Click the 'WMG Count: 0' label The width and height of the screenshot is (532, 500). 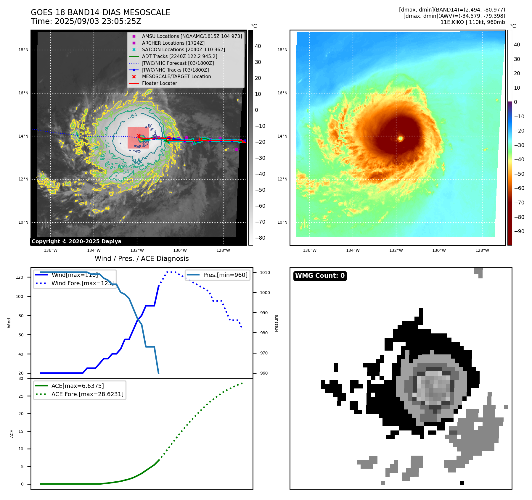point(320,276)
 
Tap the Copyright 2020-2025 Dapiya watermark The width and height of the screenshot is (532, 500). point(76,241)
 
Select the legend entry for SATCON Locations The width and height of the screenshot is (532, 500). point(183,50)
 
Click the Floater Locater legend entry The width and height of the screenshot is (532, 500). point(159,83)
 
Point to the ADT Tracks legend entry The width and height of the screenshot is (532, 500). point(179,56)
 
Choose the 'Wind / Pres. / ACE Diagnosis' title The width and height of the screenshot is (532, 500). point(142,259)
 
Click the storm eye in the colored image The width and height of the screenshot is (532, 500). point(401,138)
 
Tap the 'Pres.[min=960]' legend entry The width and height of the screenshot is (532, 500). point(225,275)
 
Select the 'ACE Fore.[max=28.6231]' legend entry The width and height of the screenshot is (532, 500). point(87,394)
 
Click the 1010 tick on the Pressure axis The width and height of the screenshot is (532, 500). point(265,272)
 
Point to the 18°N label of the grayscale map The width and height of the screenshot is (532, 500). point(23,50)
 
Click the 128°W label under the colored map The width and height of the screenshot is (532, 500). point(482,250)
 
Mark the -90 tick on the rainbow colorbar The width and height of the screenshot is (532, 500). point(519,231)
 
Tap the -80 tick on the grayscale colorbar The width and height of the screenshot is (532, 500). point(260,238)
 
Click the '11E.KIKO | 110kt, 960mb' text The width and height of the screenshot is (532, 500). point(472,22)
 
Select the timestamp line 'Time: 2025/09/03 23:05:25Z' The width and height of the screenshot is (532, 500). point(86,21)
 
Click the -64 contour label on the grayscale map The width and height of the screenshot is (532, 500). point(133,116)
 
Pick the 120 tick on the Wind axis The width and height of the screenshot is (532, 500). point(20,277)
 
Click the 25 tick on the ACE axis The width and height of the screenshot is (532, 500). point(21,396)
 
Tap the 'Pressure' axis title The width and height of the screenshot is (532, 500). point(276,323)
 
